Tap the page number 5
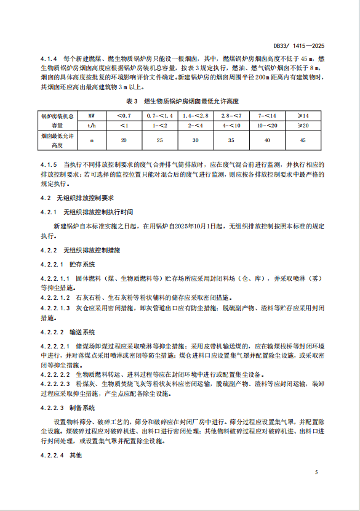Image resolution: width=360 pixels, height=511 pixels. [x=316, y=472]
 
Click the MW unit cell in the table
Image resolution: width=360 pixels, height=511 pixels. [x=92, y=115]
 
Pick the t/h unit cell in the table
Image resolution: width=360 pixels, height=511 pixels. [x=92, y=125]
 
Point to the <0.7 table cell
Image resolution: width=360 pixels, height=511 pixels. [x=124, y=115]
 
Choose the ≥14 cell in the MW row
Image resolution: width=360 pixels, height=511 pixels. [x=303, y=115]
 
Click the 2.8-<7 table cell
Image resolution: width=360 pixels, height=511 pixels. [x=231, y=115]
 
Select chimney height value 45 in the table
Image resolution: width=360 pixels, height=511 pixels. [x=303, y=140]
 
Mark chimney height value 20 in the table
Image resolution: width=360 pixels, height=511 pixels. [x=124, y=140]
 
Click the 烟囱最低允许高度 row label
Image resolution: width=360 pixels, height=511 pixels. [x=57, y=140]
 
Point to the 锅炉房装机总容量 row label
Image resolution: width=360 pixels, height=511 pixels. [x=57, y=120]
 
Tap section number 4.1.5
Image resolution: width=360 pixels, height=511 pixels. [x=49, y=166]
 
